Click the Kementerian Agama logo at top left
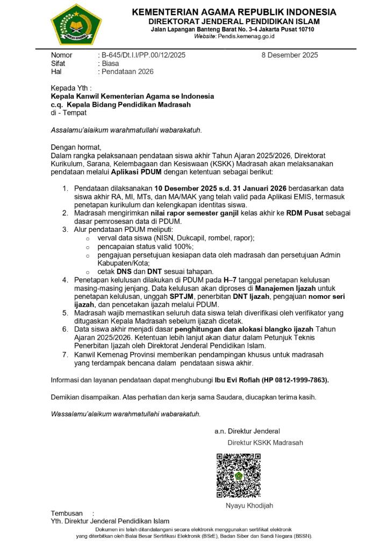click(x=76, y=25)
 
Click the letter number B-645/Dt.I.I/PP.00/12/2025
click(x=143, y=55)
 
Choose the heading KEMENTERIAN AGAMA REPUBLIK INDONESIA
click(x=234, y=12)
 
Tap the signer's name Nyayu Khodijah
click(x=249, y=506)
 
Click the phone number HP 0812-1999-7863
click(x=295, y=380)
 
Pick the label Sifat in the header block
click(x=58, y=63)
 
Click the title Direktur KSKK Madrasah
click(x=265, y=443)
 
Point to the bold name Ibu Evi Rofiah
click(x=237, y=380)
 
